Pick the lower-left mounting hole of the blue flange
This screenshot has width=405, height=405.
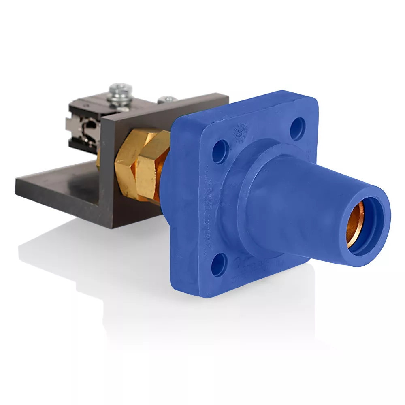click(219, 266)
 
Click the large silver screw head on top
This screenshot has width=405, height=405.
click(121, 90)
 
